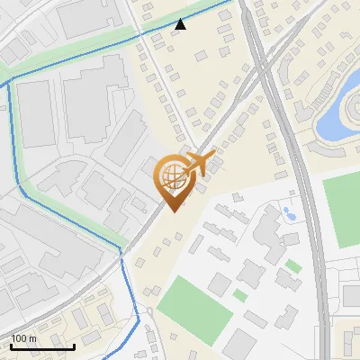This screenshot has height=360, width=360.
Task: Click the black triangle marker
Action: click(181, 24)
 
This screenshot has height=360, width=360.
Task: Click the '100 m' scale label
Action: click(24, 338)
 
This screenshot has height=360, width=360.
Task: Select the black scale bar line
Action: click(42, 346)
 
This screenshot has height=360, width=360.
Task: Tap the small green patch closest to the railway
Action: click(293, 265)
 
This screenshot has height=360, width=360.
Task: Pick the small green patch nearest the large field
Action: click(239, 294)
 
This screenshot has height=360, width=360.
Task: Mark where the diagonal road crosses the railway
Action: click(256, 76)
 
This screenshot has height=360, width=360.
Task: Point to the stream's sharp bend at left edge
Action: click(8, 85)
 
